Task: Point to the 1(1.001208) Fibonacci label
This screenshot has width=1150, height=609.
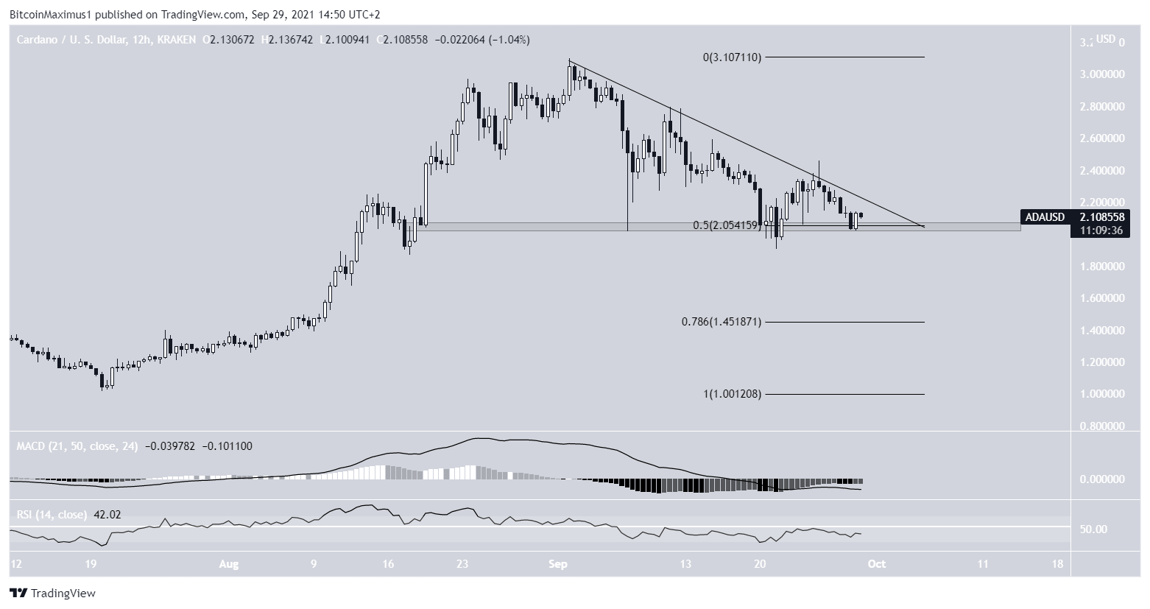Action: pos(731,394)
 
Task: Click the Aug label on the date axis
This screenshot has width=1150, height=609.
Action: pos(229,564)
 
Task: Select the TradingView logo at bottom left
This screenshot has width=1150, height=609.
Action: pos(53,593)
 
